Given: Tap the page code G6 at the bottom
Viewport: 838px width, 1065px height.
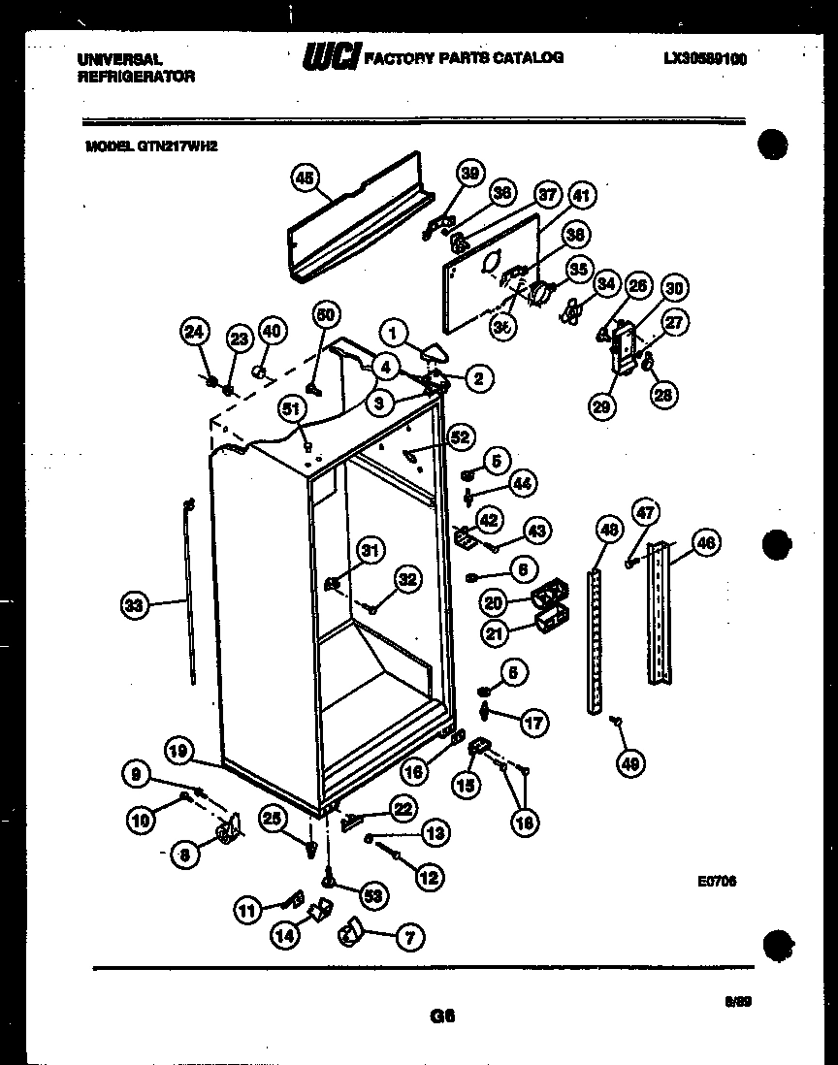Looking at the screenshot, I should [x=441, y=1017].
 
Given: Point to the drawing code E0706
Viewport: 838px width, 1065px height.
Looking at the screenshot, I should [x=717, y=882].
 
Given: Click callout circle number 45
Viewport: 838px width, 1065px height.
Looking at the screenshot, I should [x=305, y=177].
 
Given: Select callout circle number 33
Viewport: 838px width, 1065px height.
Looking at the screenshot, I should [x=134, y=606].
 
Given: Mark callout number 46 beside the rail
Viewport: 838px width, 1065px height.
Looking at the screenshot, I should [x=706, y=544].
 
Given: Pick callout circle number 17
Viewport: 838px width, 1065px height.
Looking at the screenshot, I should [x=533, y=722].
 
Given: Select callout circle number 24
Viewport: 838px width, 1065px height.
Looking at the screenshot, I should [x=195, y=332].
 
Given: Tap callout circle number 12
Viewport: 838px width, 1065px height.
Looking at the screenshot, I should [x=428, y=876].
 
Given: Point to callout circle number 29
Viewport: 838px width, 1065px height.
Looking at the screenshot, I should [x=602, y=407].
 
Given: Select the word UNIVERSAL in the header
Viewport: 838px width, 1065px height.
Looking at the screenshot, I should [x=119, y=58].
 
